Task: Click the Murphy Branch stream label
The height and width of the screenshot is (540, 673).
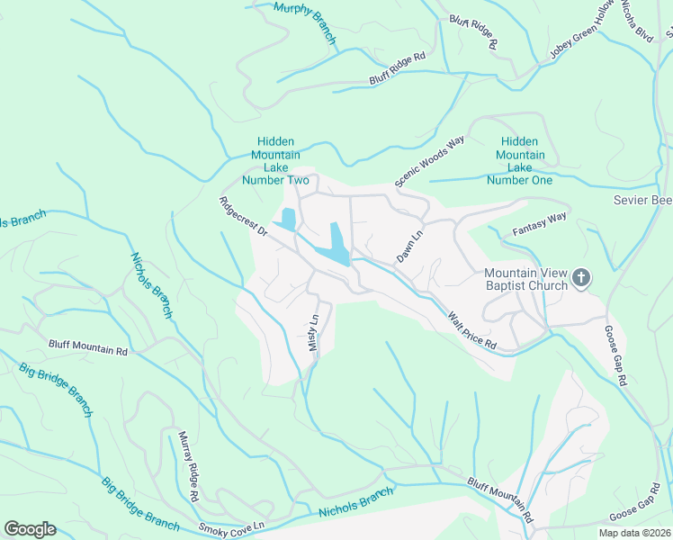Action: [304, 22]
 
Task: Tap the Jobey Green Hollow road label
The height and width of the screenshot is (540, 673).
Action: [584, 31]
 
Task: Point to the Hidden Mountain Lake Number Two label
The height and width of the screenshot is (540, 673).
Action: [283, 161]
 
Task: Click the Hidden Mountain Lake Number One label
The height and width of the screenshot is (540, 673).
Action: [519, 161]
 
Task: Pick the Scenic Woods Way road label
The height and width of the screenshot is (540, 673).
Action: [430, 162]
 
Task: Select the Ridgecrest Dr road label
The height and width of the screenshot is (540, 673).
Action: [244, 218]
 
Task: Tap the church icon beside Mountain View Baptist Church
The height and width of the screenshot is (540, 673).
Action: [581, 278]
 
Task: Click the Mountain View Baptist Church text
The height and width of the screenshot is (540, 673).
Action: [525, 279]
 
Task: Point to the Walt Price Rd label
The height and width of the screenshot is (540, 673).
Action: [472, 329]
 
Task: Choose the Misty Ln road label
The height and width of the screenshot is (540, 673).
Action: [314, 333]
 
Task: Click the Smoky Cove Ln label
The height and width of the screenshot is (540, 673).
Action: [233, 525]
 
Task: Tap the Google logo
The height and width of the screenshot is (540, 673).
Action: [30, 529]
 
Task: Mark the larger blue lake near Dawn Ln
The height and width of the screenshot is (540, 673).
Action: [338, 243]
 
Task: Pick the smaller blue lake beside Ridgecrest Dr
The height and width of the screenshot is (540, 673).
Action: [288, 219]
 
